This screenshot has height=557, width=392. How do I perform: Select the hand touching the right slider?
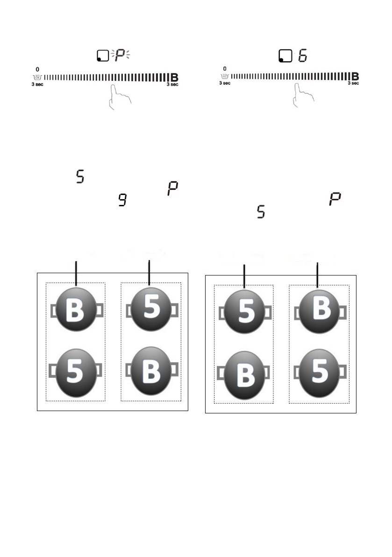(x=303, y=96)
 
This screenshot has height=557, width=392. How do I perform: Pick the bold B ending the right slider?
(x=355, y=76)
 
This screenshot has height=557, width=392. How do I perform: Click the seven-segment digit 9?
(x=123, y=202)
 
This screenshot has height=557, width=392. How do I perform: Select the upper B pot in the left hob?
(x=76, y=310)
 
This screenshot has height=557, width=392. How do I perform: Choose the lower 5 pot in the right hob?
(x=320, y=372)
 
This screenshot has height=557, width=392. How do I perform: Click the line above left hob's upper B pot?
(x=76, y=272)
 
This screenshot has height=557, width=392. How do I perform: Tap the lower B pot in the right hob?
(x=244, y=375)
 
